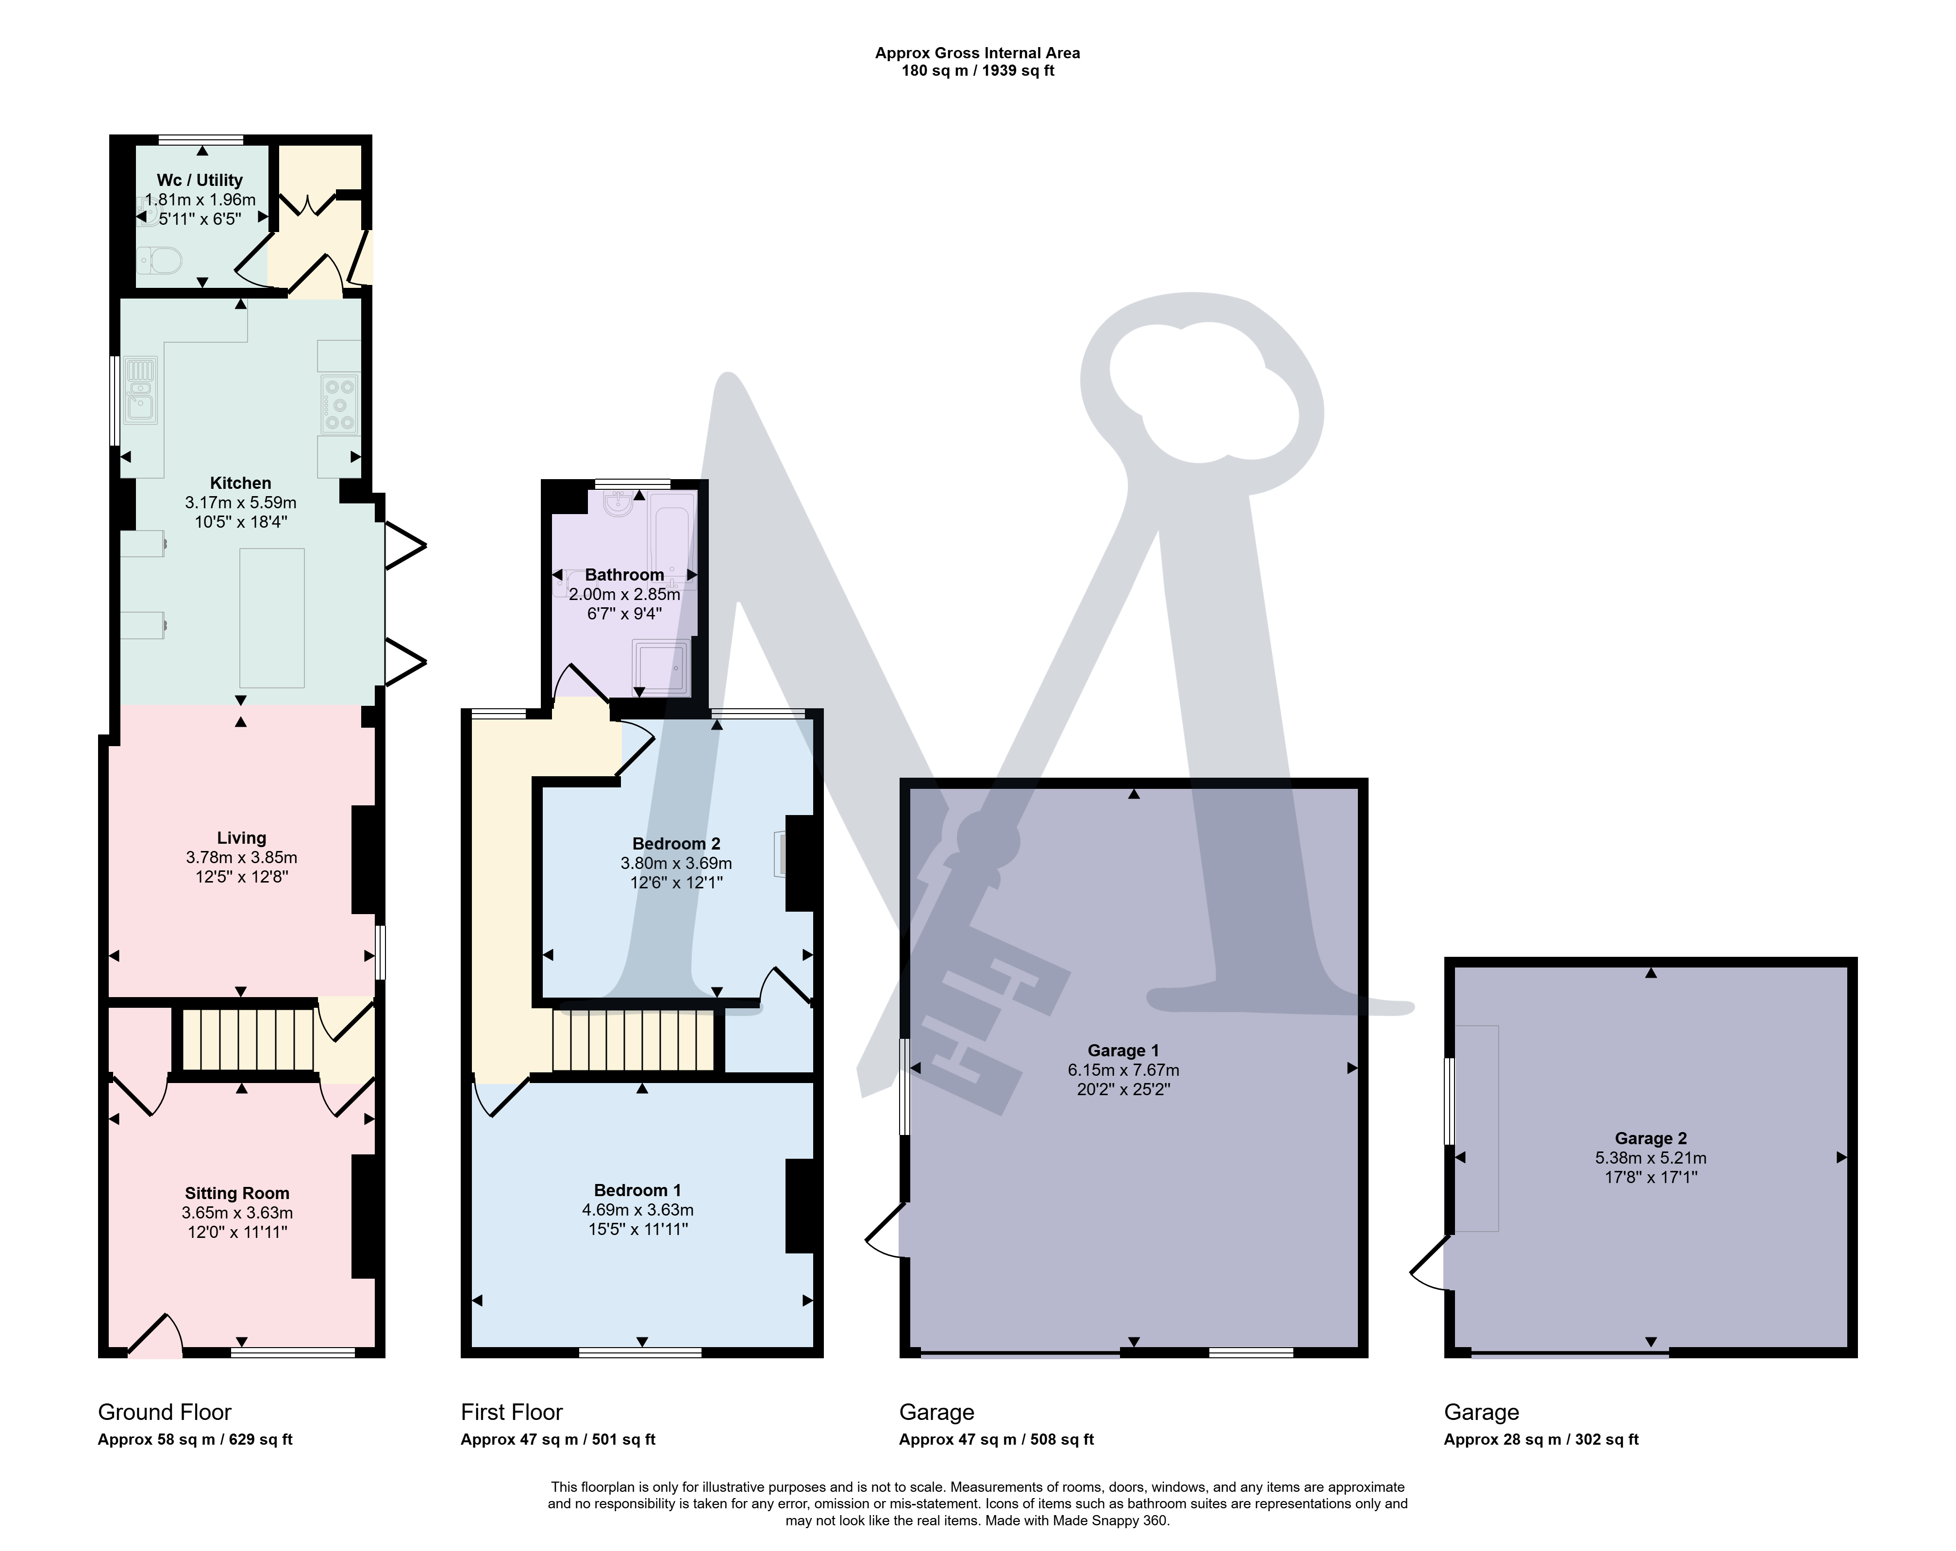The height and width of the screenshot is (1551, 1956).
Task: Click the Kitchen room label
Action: click(240, 483)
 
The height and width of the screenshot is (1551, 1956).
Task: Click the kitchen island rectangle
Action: click(272, 617)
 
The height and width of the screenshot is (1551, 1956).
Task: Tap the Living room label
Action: click(241, 838)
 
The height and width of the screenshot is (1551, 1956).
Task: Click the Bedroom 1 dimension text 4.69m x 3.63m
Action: click(638, 1209)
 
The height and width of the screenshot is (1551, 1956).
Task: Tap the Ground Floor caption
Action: click(164, 1412)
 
